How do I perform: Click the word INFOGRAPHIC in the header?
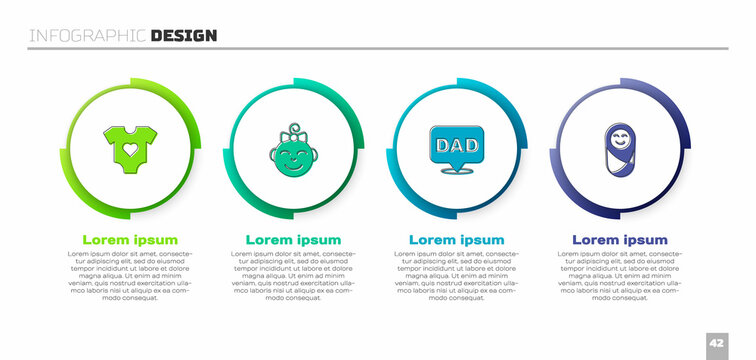87,36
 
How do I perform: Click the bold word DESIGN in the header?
184,36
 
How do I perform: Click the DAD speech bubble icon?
457,145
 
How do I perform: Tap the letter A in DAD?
457,143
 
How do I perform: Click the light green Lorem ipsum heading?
130,240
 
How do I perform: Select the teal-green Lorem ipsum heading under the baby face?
294,240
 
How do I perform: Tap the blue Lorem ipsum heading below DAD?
457,240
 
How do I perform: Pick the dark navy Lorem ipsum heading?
620,240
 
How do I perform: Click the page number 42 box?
716,340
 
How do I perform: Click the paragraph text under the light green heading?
130,276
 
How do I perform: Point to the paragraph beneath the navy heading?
620,276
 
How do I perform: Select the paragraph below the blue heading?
457,276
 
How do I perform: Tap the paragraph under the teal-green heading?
294,276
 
